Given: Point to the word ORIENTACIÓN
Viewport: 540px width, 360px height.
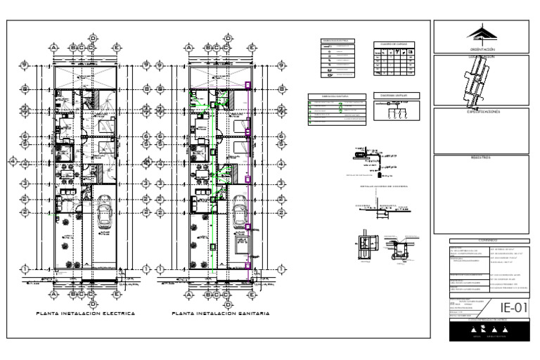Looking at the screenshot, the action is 483,49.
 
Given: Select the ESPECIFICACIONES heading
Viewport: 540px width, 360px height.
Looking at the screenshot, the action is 483,112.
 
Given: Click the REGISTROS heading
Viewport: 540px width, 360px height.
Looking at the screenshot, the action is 483,157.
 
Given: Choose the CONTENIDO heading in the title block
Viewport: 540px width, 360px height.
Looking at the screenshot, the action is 483,240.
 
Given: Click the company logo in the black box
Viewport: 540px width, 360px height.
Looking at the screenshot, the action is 483,329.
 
